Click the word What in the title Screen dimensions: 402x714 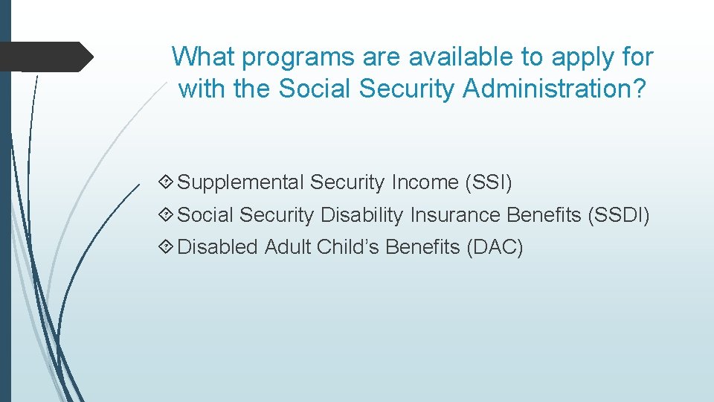[205, 57]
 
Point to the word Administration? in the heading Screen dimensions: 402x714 [555, 89]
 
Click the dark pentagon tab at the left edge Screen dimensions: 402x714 [46, 57]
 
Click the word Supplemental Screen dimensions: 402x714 [241, 182]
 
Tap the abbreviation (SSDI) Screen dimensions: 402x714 [618, 215]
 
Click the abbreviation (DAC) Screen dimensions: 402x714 [495, 247]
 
